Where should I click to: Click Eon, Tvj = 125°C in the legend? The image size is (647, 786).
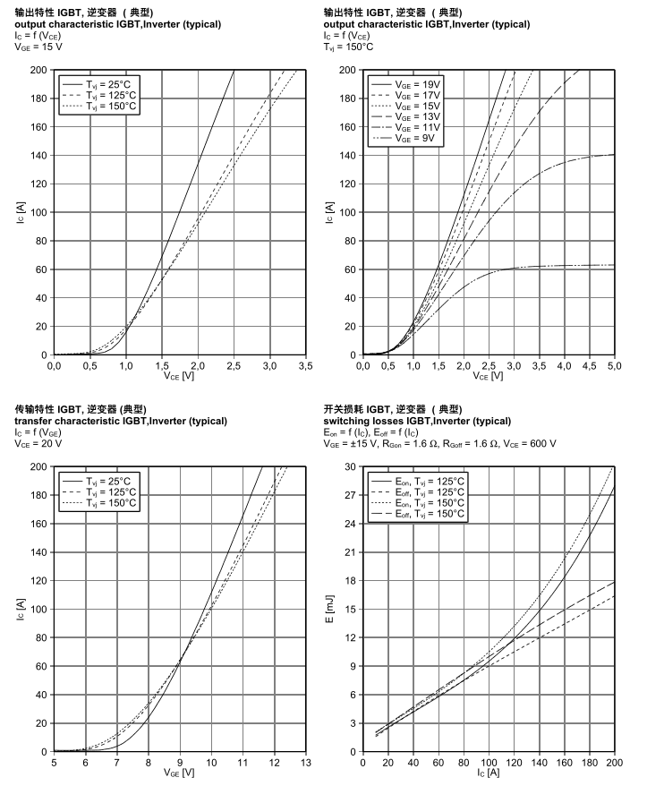(x=418, y=480)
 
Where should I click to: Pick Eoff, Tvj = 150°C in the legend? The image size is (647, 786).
(x=418, y=514)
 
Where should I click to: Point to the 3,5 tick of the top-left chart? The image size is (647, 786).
(x=306, y=365)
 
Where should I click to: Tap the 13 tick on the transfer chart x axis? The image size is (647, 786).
(x=306, y=763)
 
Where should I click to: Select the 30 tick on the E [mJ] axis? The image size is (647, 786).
(x=349, y=466)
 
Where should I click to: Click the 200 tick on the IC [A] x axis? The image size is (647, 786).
(x=614, y=763)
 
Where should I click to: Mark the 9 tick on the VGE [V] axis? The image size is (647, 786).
(x=180, y=763)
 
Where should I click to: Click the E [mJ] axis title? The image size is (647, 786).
(x=329, y=609)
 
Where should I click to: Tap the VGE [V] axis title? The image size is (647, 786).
(x=180, y=773)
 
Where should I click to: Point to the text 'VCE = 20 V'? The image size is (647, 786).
(x=40, y=442)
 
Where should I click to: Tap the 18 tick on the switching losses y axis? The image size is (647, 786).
(x=349, y=581)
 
